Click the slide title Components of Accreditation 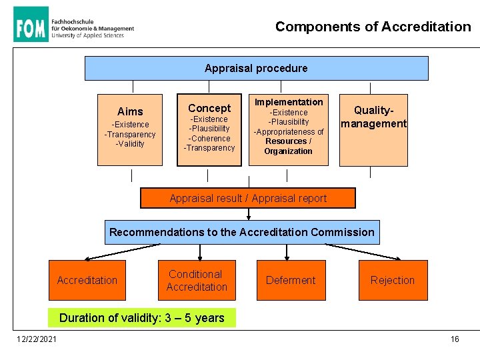pos(373,27)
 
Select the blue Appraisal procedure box pos(256,68)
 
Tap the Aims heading pos(130,111)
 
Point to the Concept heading pos(209,108)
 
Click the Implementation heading pos(289,102)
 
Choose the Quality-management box pos(373,130)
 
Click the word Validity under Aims pos(131,144)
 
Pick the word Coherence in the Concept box pos(210,139)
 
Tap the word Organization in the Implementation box pos(288,151)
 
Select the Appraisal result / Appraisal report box pos(248,198)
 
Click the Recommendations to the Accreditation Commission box pos(242,232)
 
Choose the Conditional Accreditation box pos(197,280)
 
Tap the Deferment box pos(291,280)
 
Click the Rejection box pos(392,280)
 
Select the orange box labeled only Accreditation pos(87,280)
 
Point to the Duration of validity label pos(142,318)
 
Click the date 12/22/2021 pos(37,339)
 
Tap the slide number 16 pos(455,339)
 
